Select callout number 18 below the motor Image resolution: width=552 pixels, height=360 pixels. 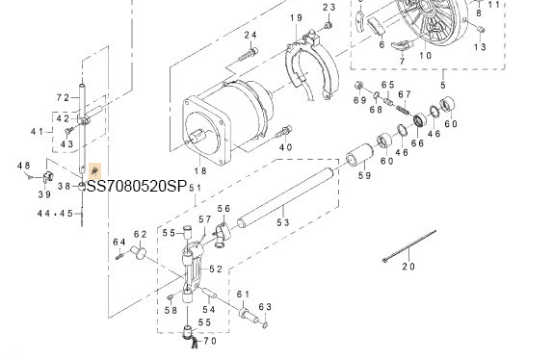tap(201, 170)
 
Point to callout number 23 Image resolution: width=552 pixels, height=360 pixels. tap(329, 9)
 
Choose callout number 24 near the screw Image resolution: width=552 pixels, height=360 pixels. tap(250, 36)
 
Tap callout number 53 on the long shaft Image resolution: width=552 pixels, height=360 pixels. tap(282, 222)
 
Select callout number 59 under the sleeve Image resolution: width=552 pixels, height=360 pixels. tap(364, 176)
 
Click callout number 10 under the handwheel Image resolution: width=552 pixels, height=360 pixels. tap(425, 55)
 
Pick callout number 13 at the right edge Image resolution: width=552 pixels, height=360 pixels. tap(481, 47)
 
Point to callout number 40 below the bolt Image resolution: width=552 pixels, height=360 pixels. tap(285, 147)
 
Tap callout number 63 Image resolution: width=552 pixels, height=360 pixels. tap(267, 307)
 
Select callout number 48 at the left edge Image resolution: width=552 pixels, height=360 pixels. tap(24, 167)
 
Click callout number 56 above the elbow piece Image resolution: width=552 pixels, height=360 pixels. tap(223, 209)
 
